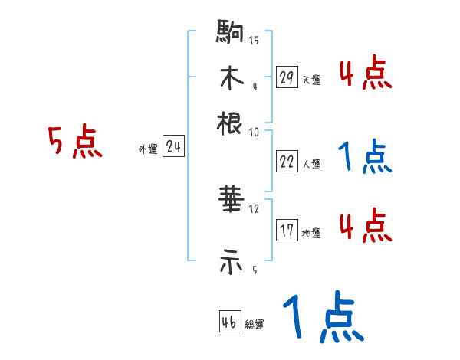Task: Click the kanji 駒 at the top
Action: (x=230, y=32)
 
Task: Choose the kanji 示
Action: (x=230, y=263)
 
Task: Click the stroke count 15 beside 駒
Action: (x=254, y=41)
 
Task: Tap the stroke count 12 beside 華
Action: (x=254, y=209)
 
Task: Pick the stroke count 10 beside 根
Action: (x=254, y=131)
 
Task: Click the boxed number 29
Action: (x=287, y=77)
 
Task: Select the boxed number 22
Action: (x=287, y=162)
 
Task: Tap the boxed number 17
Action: (x=287, y=231)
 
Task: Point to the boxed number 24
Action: (x=173, y=147)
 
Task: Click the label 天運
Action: (x=311, y=80)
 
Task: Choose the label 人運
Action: (x=311, y=164)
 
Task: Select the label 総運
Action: (x=255, y=325)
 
